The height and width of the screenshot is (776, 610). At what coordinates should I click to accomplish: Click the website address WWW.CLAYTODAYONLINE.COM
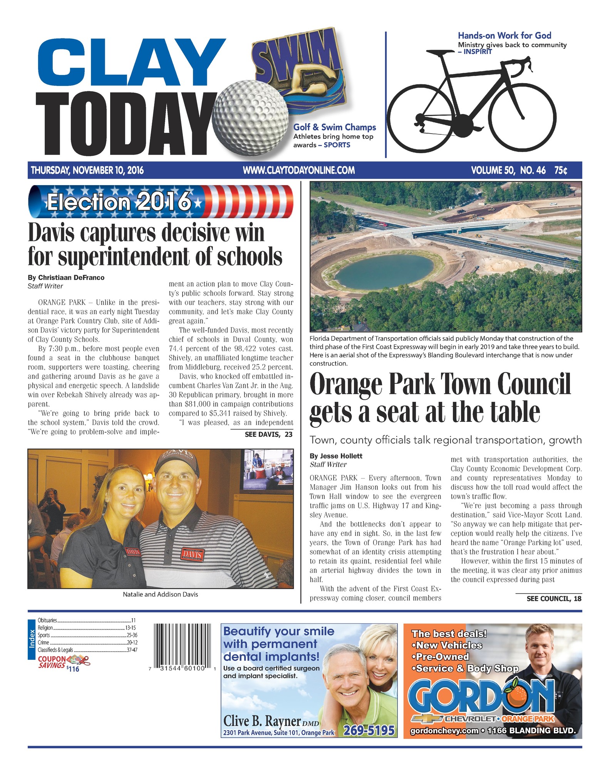[x=299, y=170]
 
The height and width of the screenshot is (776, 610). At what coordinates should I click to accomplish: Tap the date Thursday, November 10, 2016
[x=87, y=170]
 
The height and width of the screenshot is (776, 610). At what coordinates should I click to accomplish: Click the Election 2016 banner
[x=160, y=201]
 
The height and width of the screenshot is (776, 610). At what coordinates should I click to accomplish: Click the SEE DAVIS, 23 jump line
[x=268, y=435]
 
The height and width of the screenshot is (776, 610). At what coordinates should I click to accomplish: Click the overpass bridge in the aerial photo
[x=443, y=230]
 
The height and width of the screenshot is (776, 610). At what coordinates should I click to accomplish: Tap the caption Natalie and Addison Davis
[x=160, y=594]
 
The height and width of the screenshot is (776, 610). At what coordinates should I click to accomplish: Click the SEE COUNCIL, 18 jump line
[x=554, y=599]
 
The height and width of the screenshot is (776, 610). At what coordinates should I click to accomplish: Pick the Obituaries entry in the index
[x=47, y=620]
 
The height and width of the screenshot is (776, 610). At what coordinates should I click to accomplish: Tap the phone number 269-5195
[x=369, y=730]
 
